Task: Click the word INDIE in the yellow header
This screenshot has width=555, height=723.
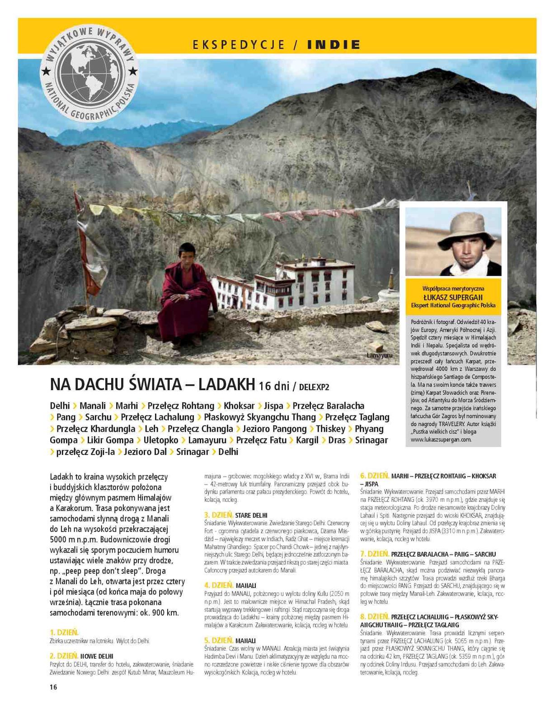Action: [x=334, y=45]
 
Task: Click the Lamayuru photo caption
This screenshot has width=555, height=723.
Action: [x=380, y=355]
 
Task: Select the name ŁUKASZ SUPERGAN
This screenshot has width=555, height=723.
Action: [x=453, y=297]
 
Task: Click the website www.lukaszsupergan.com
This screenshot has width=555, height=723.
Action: [x=441, y=439]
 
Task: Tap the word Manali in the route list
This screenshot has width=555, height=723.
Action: [x=93, y=406]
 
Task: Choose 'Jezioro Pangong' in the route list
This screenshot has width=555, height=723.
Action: [x=274, y=429]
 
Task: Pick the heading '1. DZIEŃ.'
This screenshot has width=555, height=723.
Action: [x=64, y=632]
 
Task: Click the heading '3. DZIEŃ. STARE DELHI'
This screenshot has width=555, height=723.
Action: [x=235, y=515]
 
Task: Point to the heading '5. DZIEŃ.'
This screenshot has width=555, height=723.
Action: [x=219, y=640]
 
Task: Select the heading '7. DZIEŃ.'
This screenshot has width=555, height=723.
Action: [x=375, y=553]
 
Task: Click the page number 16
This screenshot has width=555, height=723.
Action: [x=53, y=687]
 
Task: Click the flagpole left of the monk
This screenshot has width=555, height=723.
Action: [x=85, y=271]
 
